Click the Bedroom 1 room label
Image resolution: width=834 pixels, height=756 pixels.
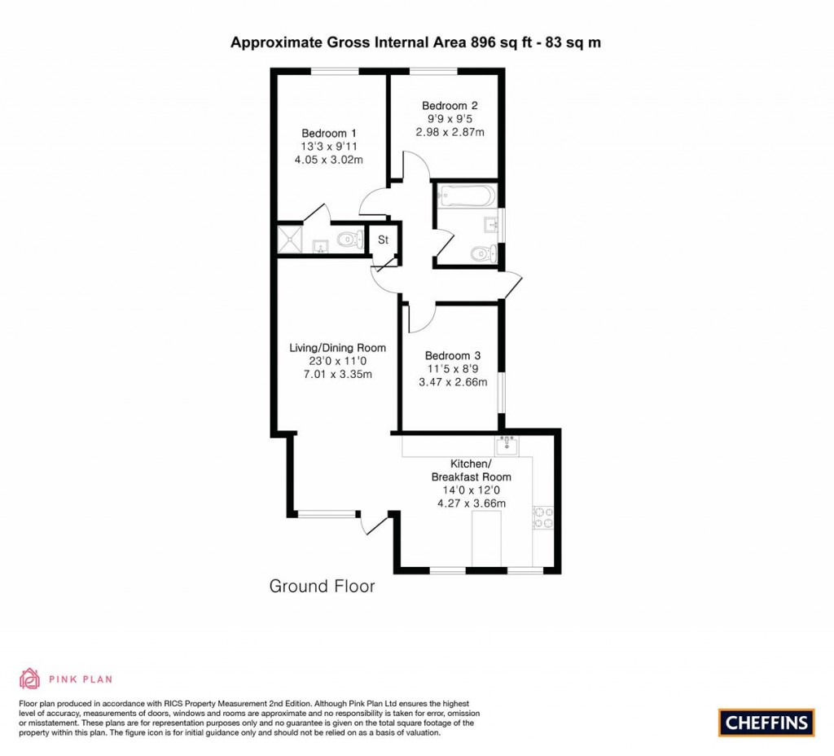pos(328,134)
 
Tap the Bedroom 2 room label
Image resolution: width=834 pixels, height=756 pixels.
pos(449,105)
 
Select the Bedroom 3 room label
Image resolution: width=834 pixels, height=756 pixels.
pos(452,355)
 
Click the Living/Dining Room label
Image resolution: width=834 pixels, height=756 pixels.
pos(337,348)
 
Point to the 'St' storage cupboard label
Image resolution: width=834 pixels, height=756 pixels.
pos(383,240)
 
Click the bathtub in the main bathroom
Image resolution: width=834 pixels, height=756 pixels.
pos(465,196)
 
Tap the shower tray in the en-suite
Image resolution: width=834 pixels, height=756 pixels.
pos(292,240)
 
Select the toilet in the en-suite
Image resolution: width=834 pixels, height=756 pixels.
pos(349,240)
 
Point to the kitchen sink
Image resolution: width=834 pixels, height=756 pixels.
pos(507,445)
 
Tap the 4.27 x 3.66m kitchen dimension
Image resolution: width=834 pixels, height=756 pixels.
pos(472,503)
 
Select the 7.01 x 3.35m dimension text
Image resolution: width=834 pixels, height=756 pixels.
pos(337,375)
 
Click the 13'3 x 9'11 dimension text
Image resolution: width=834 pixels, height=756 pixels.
pos(328,147)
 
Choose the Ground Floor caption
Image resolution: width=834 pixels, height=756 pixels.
pos(322,587)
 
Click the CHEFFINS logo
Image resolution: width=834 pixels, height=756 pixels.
pos(766,722)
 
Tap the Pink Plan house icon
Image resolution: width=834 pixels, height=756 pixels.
pos(30,679)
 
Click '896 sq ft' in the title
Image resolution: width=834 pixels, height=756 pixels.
pos(500,42)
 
